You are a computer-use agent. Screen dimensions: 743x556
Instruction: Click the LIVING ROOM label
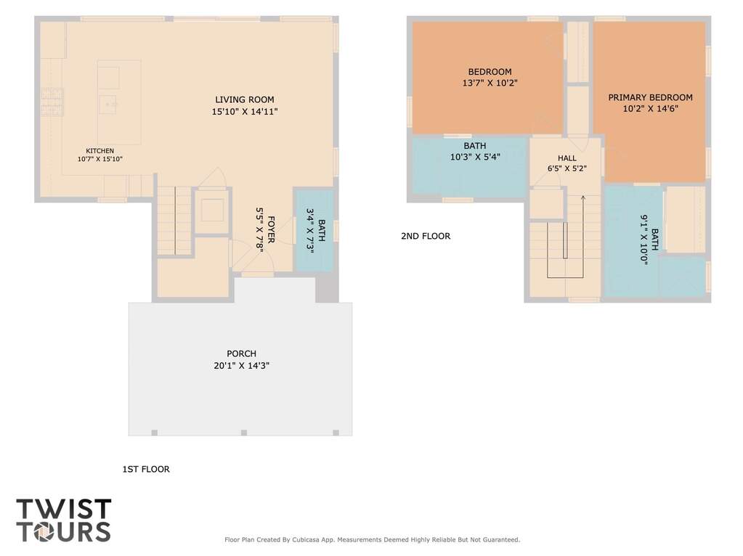tap(245, 99)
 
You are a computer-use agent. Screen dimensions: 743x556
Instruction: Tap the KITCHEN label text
tap(100, 150)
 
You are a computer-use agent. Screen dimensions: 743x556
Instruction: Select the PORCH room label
tap(241, 353)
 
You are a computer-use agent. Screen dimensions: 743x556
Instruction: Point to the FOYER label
tap(272, 229)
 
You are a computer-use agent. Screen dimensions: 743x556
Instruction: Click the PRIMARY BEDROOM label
tap(650, 97)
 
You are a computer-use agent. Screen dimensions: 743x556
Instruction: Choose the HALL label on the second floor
tap(567, 158)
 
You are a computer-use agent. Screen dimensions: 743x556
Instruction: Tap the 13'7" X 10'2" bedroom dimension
tap(490, 83)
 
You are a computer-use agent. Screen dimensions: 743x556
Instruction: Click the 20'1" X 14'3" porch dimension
tap(241, 365)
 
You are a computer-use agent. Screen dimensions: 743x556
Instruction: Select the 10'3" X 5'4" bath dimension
tap(475, 157)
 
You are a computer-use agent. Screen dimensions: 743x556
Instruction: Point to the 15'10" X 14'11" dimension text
tap(245, 112)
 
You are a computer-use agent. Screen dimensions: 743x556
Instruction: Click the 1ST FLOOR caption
tap(146, 469)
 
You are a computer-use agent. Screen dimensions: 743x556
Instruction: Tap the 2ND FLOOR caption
tap(426, 236)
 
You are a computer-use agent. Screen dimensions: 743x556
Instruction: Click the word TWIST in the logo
tap(64, 509)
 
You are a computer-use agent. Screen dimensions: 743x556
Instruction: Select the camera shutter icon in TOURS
tap(44, 532)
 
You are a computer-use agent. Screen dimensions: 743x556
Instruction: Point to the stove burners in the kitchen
tap(52, 102)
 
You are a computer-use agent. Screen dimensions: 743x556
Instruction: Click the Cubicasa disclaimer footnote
tap(372, 539)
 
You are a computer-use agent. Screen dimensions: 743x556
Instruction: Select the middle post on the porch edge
tap(243, 433)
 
